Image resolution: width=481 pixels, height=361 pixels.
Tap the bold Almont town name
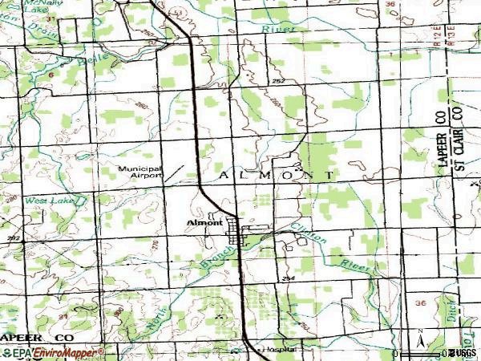click(204, 222)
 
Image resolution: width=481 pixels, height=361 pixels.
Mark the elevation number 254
click(287, 277)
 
